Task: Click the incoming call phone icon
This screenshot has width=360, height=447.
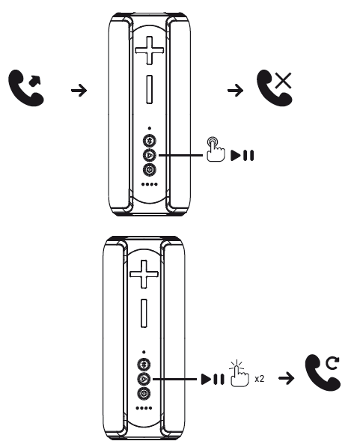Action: pos(26,88)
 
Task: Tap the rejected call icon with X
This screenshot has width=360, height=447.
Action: pos(274,88)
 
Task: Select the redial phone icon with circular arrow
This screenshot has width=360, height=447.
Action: pos(323,372)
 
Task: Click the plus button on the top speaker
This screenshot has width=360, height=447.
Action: pos(149,50)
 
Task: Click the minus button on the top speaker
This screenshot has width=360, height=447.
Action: pos(149,89)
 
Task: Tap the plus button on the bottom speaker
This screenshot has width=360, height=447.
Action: pos(144,274)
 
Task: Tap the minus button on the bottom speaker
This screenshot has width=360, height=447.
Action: pos(144,313)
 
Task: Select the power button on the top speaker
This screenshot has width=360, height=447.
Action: pos(150,170)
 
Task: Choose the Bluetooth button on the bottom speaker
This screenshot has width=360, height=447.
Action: pos(144,364)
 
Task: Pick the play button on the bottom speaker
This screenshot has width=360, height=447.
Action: pos(144,379)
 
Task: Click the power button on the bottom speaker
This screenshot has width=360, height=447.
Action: pos(144,394)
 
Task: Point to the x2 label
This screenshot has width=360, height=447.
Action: pos(260,379)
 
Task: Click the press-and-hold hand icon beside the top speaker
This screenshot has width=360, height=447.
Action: pos(216,149)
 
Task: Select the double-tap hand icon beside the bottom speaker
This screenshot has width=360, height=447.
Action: pos(239,373)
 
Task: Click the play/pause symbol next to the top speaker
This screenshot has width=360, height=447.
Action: pos(242,156)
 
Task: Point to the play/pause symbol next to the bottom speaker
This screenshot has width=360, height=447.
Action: pos(213,379)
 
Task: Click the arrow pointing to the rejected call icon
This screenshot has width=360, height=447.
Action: pos(236,91)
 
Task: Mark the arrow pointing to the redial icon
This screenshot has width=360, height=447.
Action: pos(287,378)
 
